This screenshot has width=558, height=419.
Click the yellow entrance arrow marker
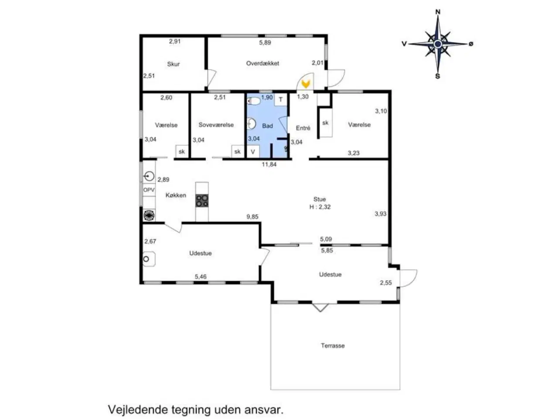pos(306,83)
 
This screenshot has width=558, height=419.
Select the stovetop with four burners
pos(201,200)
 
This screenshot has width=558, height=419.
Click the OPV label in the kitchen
pos(149,190)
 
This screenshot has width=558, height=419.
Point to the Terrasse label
pos(333,346)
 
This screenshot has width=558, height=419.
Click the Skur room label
pos(174,64)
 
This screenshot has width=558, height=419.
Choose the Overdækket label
pos(262,63)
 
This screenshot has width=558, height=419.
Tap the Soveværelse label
pos(216,125)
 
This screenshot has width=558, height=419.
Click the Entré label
pos(303,128)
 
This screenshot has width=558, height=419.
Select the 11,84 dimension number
pos(269,165)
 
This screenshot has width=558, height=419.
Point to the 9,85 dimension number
pos(252,216)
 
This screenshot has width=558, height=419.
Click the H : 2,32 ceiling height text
pos(320,207)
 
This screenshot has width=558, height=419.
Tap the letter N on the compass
pos(438,12)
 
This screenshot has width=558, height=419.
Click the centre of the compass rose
pos(438,44)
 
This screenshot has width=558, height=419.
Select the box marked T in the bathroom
pos(281,100)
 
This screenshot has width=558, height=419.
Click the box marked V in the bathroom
pos(253,151)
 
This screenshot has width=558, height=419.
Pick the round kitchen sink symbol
pos(149,176)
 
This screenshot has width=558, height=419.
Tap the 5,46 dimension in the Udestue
pos(201,276)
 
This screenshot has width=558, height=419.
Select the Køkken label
pos(176,195)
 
